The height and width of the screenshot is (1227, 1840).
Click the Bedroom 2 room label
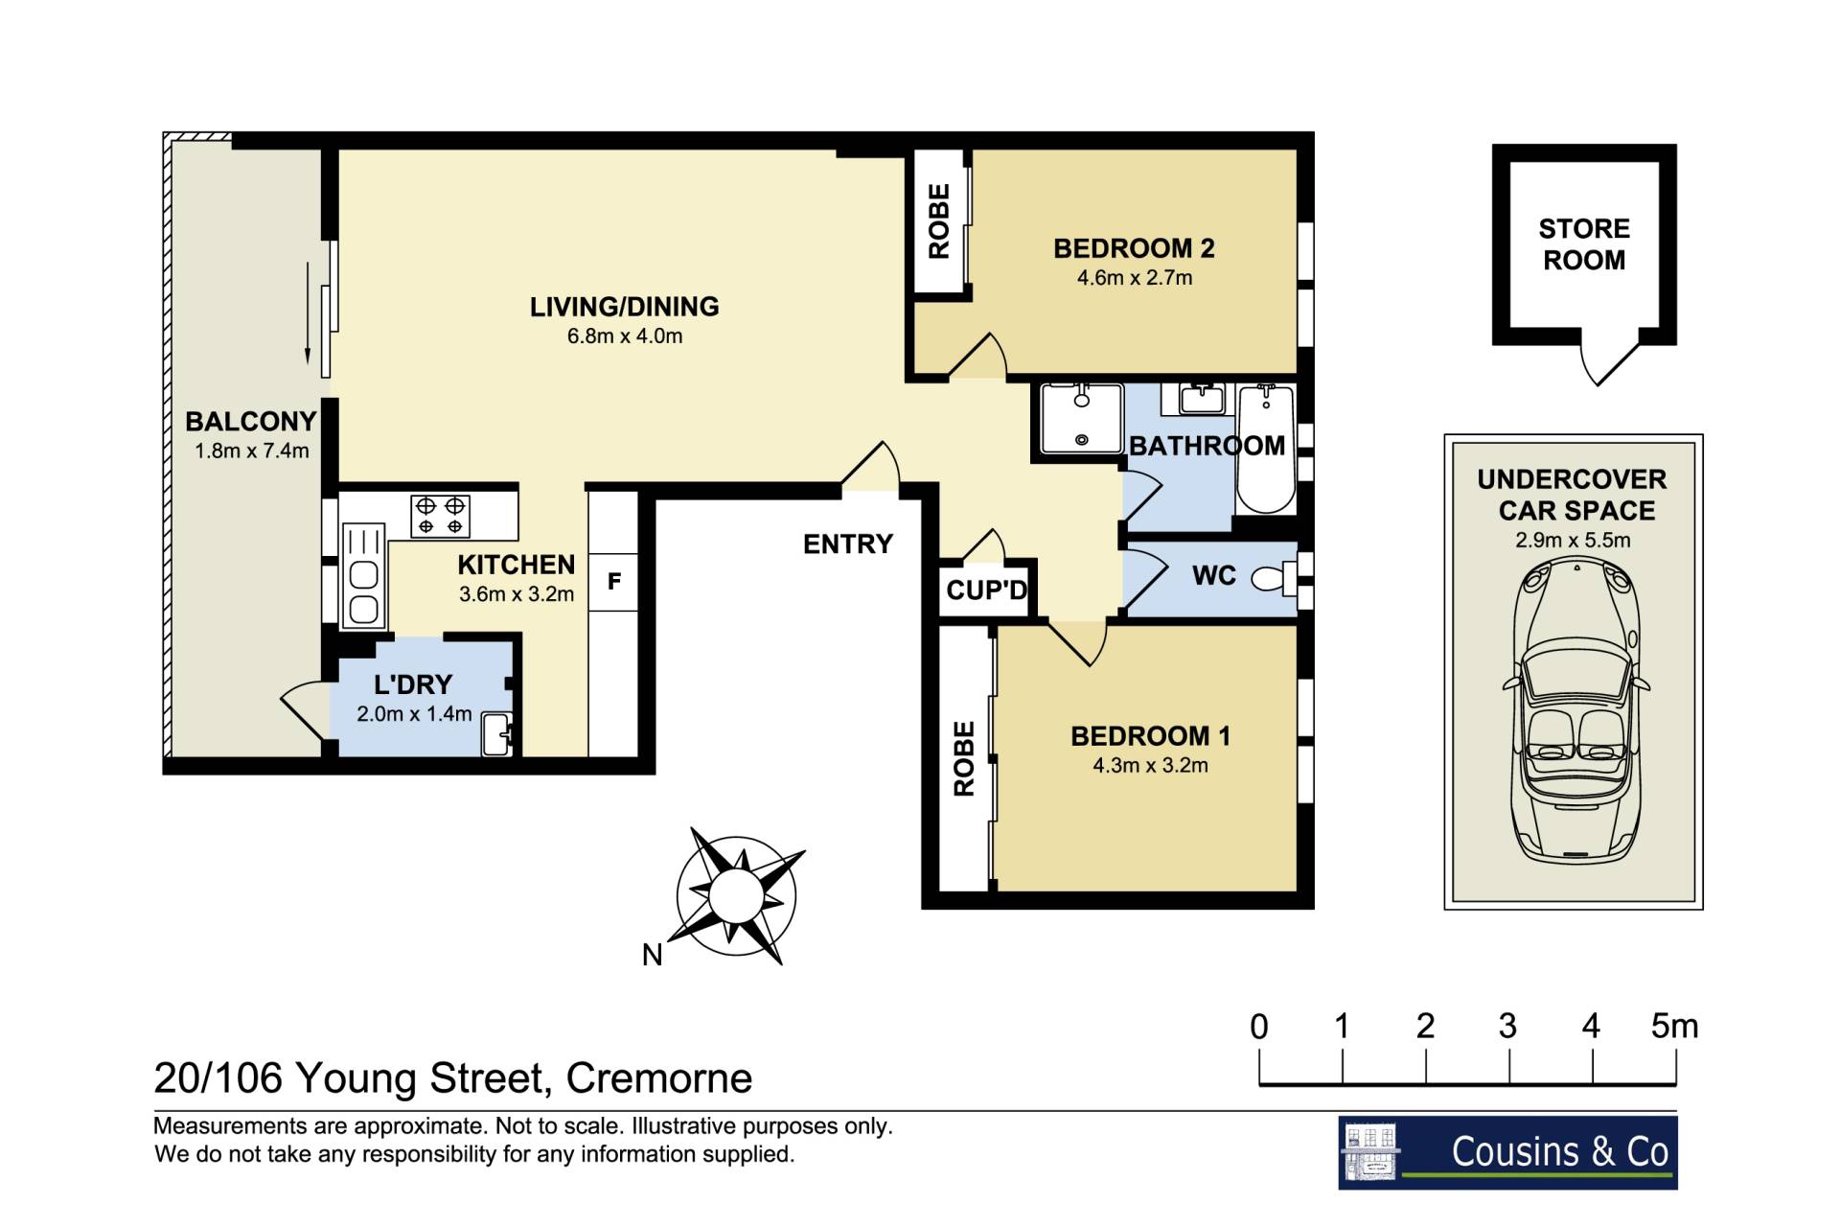pyautogui.click(x=1134, y=249)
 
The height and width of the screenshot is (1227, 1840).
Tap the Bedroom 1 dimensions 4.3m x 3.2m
pyautogui.click(x=1150, y=766)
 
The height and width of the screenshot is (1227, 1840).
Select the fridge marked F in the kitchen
pyautogui.click(x=614, y=581)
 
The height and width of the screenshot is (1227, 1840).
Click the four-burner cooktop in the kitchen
pyautogui.click(x=440, y=516)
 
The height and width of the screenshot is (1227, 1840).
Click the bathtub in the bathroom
pyautogui.click(x=1266, y=449)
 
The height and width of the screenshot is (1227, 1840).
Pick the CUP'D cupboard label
pyautogui.click(x=986, y=590)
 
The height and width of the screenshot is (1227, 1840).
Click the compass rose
pyautogui.click(x=736, y=895)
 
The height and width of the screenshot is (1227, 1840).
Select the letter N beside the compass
pyautogui.click(x=653, y=955)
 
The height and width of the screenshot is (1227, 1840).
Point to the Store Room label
pyautogui.click(x=1584, y=244)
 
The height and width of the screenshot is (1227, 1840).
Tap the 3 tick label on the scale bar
pyautogui.click(x=1507, y=1027)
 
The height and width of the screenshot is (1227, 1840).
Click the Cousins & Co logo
pyautogui.click(x=1507, y=1152)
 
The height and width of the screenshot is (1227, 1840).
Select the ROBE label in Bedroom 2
pyautogui.click(x=939, y=221)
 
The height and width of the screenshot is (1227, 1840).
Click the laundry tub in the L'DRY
pyautogui.click(x=498, y=733)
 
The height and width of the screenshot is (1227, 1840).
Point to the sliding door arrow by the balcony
pyautogui.click(x=308, y=313)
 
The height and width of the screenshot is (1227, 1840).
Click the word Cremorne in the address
pyautogui.click(x=659, y=1078)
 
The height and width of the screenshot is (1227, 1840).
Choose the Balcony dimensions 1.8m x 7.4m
pyautogui.click(x=252, y=451)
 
